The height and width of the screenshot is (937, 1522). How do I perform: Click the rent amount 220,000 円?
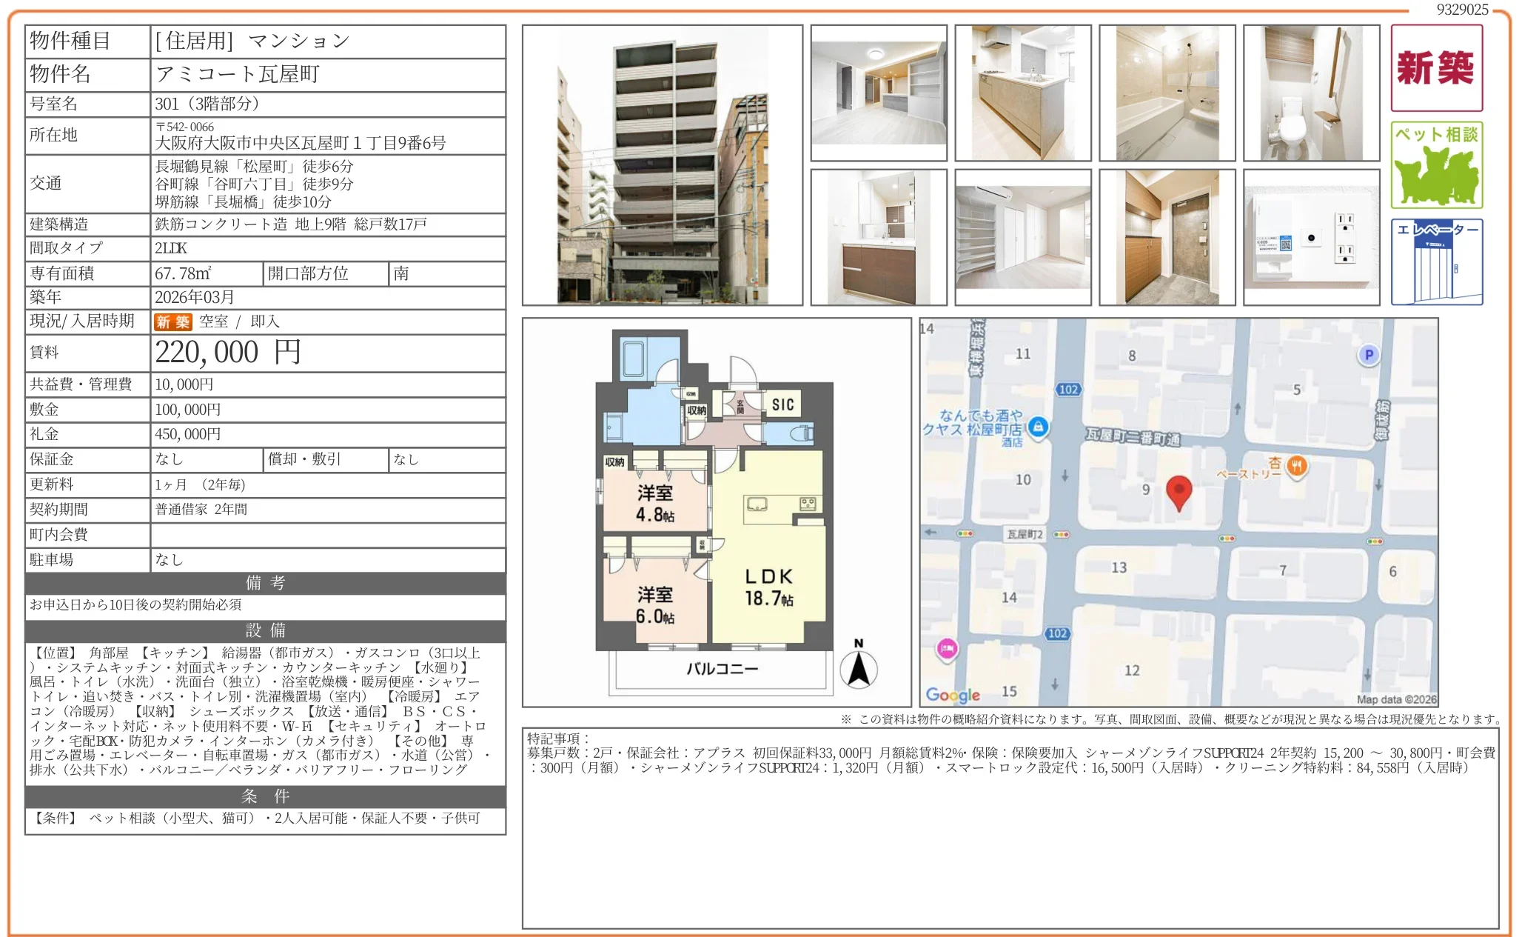pyautogui.click(x=228, y=353)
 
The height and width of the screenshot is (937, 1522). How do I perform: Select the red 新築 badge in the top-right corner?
pyautogui.click(x=1436, y=68)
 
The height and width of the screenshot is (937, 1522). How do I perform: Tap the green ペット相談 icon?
pyautogui.click(x=1436, y=165)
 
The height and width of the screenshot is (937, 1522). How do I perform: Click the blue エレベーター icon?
pyautogui.click(x=1436, y=261)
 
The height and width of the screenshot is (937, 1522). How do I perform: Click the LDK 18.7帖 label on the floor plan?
pyautogui.click(x=768, y=587)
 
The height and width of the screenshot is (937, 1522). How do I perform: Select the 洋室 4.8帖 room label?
pyautogui.click(x=654, y=504)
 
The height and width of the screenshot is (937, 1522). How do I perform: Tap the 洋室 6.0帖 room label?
pyautogui.click(x=654, y=605)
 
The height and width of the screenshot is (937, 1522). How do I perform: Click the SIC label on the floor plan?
pyautogui.click(x=782, y=404)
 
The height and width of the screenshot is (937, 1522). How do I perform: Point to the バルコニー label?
pyautogui.click(x=722, y=669)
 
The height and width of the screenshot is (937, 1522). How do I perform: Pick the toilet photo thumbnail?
pyautogui.click(x=1311, y=93)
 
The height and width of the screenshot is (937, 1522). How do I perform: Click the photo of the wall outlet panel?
pyautogui.click(x=1311, y=238)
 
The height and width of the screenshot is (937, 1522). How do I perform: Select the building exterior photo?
pyautogui.click(x=662, y=165)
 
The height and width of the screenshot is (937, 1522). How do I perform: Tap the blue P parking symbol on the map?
pyautogui.click(x=1369, y=355)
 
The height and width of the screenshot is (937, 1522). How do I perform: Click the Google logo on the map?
pyautogui.click(x=953, y=695)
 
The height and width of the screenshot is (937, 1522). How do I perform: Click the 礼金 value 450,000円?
pyautogui.click(x=188, y=435)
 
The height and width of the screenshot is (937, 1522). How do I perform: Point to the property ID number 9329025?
pyautogui.click(x=1462, y=10)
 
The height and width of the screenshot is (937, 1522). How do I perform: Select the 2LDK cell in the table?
pyautogui.click(x=171, y=249)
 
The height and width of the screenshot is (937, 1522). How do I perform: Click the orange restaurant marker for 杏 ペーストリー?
pyautogui.click(x=1296, y=466)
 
